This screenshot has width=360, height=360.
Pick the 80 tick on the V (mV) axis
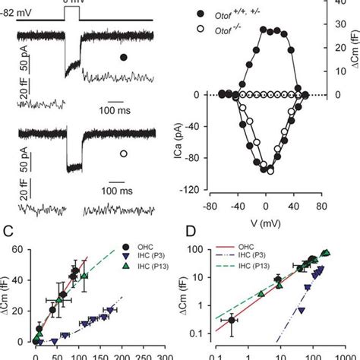pos(321,205)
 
